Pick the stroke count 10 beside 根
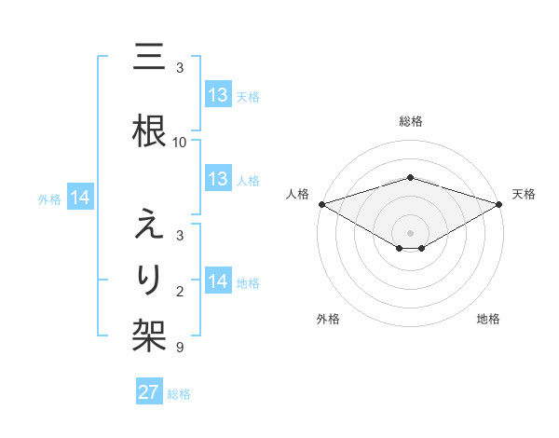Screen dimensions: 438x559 point(180,142)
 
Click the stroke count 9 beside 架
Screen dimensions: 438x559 point(180,348)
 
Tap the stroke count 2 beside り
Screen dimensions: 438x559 point(180,293)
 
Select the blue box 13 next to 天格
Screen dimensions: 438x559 point(218,95)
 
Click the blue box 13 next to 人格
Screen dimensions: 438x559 point(218,179)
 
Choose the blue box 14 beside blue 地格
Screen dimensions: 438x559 point(218,281)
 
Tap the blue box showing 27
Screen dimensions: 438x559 point(149,392)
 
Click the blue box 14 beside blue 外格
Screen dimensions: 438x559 point(80,198)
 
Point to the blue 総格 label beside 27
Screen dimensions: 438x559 point(179,394)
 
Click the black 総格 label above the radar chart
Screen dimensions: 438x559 point(410,121)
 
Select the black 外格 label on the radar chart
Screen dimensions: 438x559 point(328,319)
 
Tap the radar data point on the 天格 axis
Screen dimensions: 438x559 point(499,204)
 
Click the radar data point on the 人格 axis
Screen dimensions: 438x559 point(321,204)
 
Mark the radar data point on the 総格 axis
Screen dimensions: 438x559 point(410,177)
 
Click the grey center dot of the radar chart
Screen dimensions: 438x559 point(410,231)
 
